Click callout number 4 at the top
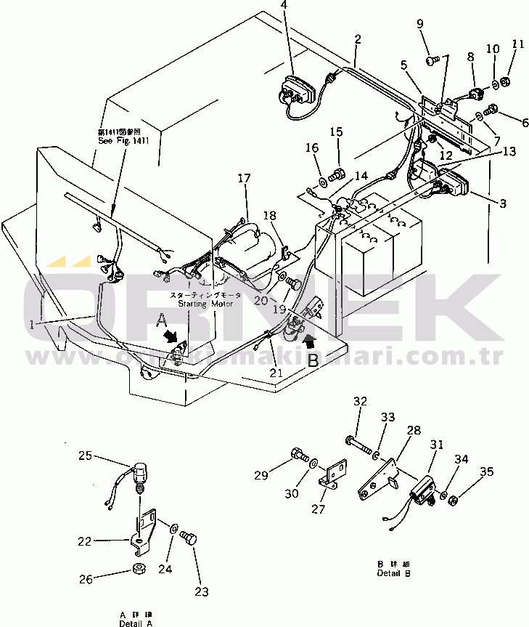coord(284,6)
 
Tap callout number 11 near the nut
coord(517,44)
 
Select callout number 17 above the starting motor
coord(243,177)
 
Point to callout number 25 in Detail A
coord(86,456)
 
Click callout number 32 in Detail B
coord(361,401)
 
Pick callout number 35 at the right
coord(485,472)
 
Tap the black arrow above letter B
coord(310,339)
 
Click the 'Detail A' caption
coord(137,623)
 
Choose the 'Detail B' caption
coord(394,573)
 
